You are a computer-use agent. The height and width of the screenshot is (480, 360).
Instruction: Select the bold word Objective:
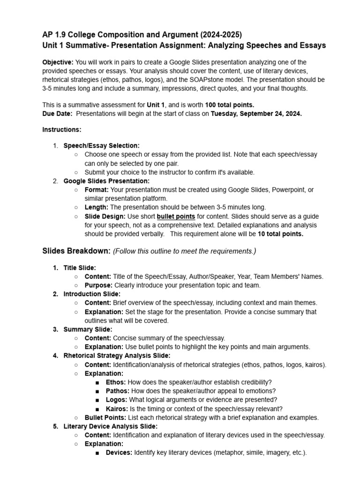pos(58,62)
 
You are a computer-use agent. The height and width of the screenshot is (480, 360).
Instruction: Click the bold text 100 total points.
pos(230,105)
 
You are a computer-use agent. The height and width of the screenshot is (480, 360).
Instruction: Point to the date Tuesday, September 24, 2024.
pos(256,113)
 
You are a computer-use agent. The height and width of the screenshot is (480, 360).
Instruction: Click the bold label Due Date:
pos(57,113)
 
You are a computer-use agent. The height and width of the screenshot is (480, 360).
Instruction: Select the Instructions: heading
pos(61,129)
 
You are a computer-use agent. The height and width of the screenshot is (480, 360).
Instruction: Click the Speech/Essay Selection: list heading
pos(101,146)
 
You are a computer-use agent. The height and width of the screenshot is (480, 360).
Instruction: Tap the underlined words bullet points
pos(176,217)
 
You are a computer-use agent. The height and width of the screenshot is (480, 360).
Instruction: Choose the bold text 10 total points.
pos(280,234)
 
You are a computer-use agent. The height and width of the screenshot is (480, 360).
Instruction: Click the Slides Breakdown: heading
pos(76,251)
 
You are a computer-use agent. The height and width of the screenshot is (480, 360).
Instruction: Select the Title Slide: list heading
pos(80,268)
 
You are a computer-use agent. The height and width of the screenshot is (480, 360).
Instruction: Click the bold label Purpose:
pos(98,285)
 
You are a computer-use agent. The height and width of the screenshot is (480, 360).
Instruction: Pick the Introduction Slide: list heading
pos(92,294)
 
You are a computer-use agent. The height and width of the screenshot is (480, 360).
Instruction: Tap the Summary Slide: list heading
pos(88,330)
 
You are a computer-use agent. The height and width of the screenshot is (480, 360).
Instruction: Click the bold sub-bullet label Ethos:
pos(116,382)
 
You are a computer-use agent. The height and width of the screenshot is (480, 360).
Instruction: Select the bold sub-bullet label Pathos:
pos(118,391)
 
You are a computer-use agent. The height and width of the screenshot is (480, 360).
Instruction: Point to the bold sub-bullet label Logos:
pos(116,400)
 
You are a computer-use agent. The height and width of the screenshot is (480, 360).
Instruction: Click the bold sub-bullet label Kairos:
pos(118,409)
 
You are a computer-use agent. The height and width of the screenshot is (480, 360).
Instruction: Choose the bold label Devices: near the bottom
pos(119,453)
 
